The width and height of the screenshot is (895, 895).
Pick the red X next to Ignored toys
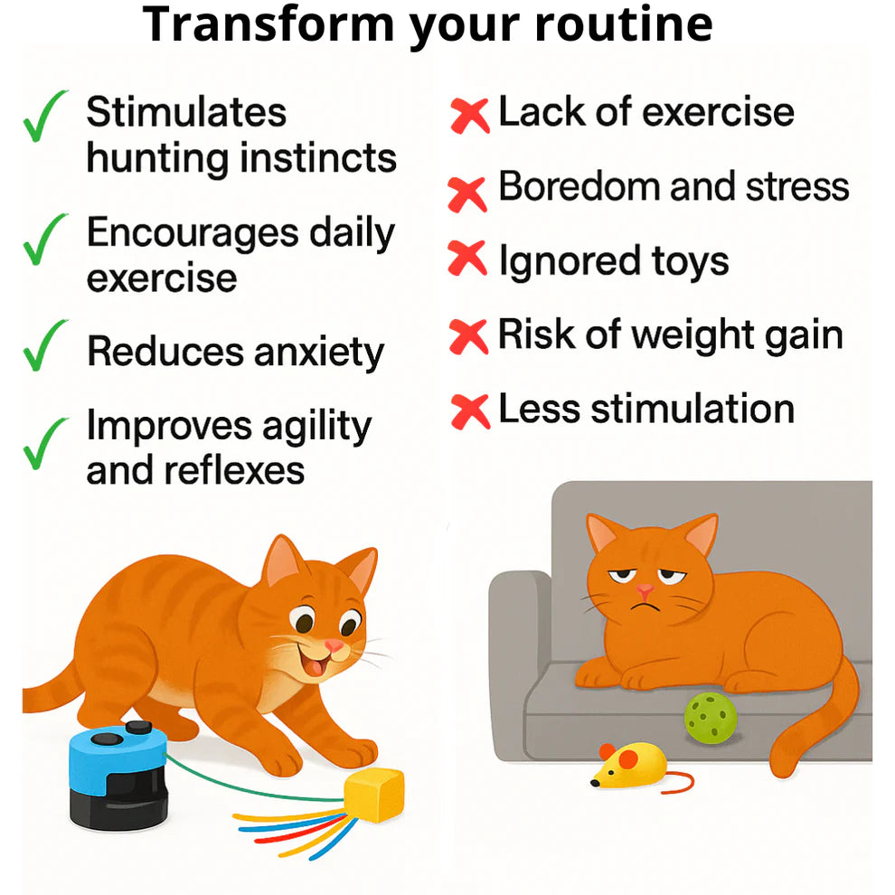coord(468,260)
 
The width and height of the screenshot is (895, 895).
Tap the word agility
coord(312,427)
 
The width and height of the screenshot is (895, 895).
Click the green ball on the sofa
coord(711,719)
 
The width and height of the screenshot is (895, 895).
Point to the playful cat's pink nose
coord(334,645)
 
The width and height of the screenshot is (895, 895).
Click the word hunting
coord(159,158)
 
